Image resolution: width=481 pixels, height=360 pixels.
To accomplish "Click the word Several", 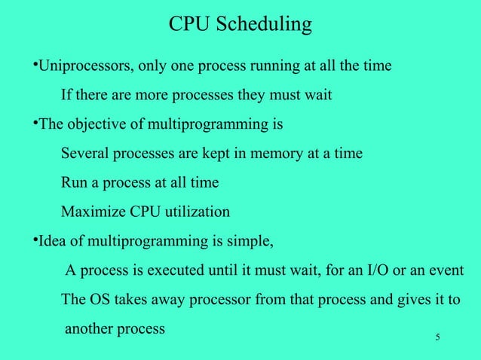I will (84, 154).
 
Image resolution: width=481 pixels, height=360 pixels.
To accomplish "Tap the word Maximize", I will (91, 212).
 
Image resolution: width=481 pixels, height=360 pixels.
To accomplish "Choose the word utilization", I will (200, 212).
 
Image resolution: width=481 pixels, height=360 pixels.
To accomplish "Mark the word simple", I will (253, 242).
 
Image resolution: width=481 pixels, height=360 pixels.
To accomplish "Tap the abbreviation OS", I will (100, 300).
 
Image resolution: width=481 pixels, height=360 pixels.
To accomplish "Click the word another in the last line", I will (90, 329).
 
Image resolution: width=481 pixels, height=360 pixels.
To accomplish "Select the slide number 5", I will (437, 336).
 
